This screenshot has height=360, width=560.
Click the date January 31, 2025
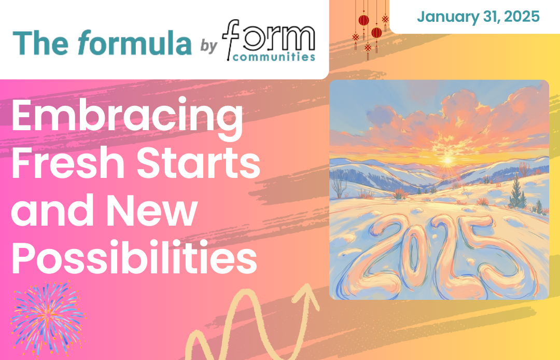tap(478, 17)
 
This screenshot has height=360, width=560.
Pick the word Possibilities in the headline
tap(134, 257)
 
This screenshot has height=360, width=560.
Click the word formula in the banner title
tap(134, 43)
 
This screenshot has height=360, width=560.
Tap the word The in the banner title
tap(40, 43)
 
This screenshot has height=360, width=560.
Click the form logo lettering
tap(269, 37)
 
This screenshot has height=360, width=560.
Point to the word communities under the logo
tap(274, 57)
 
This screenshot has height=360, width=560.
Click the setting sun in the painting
tap(447, 160)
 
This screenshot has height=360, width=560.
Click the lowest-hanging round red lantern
tap(376, 33)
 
